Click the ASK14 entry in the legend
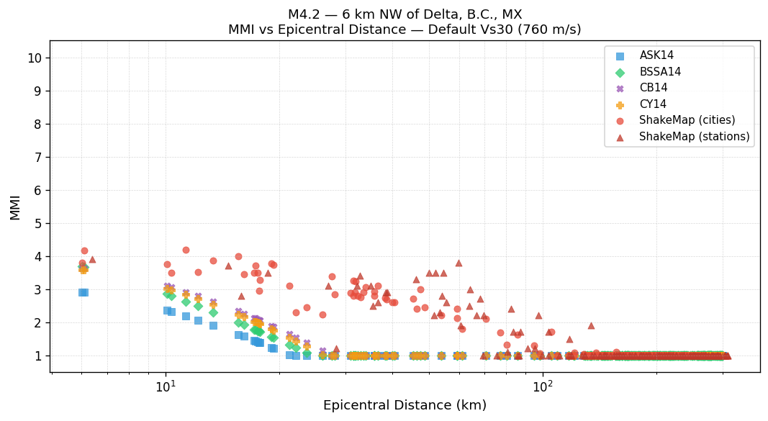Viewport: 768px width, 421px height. point(656,55)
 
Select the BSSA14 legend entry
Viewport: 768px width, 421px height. point(660,72)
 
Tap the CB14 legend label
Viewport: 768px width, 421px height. point(653,88)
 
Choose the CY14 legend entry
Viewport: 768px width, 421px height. point(653,104)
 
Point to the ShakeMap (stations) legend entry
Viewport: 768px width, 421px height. point(694,137)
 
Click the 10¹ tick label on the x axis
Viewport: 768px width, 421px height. point(166,386)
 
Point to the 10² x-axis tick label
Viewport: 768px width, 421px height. point(543,386)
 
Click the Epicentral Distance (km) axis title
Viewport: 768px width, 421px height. point(405,405)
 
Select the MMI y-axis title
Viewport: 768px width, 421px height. point(15,207)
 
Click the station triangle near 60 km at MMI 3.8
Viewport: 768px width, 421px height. point(458,263)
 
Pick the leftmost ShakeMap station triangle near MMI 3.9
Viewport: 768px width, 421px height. point(92,260)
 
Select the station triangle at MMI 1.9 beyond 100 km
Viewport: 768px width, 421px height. point(591,326)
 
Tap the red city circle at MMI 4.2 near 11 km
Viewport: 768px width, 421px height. point(186,250)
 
